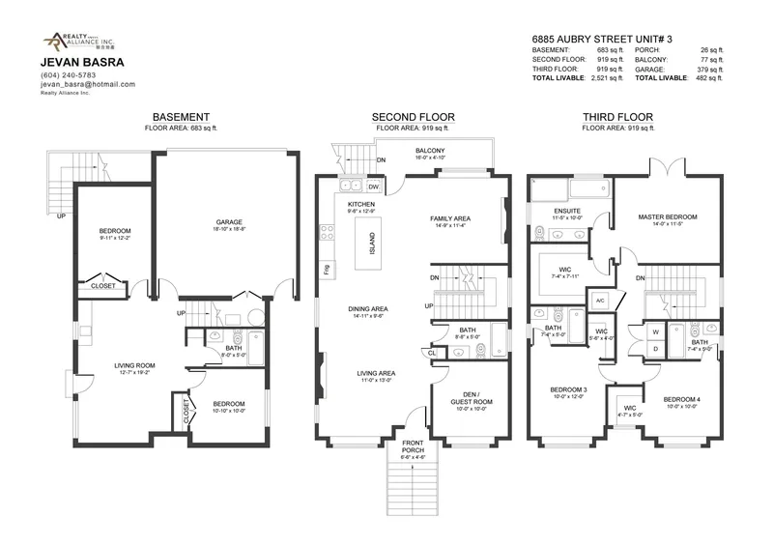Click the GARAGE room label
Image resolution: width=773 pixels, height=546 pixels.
coord(228,222)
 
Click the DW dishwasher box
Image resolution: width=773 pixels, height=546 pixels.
coord(373,187)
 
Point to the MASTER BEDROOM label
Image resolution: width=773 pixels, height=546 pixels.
coord(668,217)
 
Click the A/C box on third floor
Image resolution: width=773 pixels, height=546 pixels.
coord(600,301)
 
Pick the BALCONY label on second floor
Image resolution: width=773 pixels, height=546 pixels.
coord(430,152)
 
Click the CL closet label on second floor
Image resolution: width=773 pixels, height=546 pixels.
coord(431,354)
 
